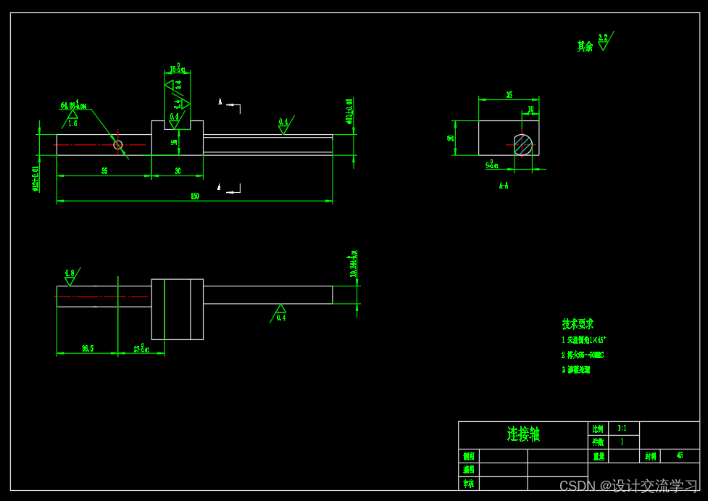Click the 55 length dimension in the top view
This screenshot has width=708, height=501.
pos(104,171)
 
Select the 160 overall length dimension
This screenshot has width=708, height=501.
pos(195,196)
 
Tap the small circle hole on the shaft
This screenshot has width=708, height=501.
pos(118,144)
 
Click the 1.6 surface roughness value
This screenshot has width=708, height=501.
pos(72,123)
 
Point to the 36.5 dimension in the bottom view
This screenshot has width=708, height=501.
pos(87,349)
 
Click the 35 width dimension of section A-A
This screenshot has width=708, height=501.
pos(509,95)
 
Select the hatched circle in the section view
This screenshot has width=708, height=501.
pos(523,144)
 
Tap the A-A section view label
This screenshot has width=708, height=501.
pos(504,186)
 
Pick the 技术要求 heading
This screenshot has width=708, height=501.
pos(578,323)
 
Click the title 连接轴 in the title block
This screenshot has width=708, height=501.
pos(523,434)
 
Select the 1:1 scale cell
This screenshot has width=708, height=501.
pos(622,428)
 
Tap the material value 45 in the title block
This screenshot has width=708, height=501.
pos(680,455)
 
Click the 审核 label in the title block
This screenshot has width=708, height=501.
pos(469,484)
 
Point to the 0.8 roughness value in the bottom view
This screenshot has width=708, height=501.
pos(70,273)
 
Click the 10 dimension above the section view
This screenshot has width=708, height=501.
pos(530,110)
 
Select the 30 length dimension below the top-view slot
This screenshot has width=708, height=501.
pos(178,171)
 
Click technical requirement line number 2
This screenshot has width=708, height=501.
pos(583,355)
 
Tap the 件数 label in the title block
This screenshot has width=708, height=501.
pos(598,442)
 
